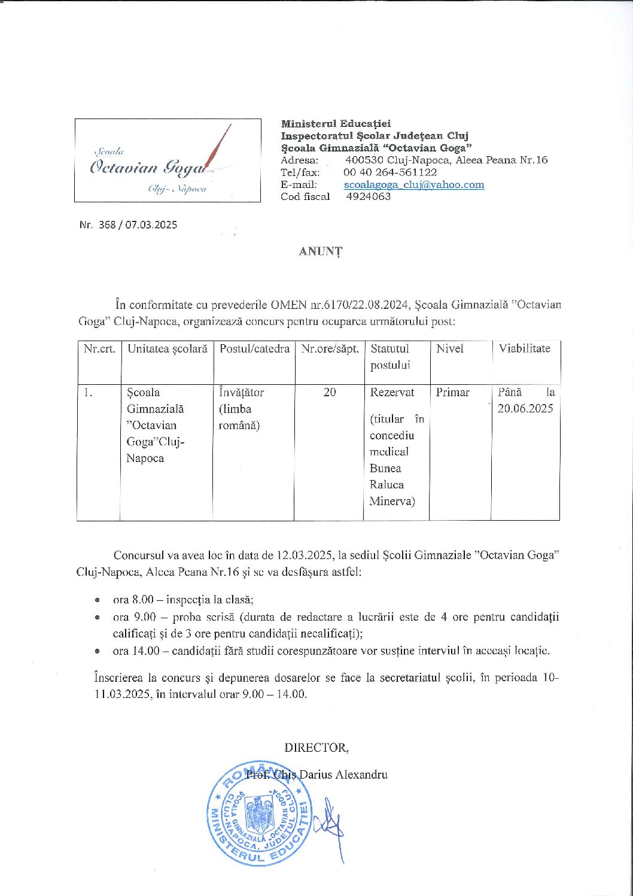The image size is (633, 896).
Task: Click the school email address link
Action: [x=414, y=184]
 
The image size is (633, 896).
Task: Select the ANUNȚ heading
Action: [x=321, y=251]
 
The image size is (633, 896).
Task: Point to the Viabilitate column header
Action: [x=525, y=348]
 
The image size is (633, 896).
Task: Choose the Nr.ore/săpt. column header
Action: [x=330, y=348]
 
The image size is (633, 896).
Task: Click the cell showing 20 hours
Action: [x=330, y=392]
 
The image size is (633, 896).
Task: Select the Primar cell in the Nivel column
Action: [x=452, y=392]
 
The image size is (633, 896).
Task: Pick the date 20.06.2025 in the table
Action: [x=525, y=409]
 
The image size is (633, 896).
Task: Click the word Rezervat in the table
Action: [x=392, y=392]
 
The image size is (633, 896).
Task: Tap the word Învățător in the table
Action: [x=242, y=392]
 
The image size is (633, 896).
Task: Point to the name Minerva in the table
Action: [x=392, y=502]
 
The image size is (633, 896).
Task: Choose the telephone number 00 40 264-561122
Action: [x=390, y=172]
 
